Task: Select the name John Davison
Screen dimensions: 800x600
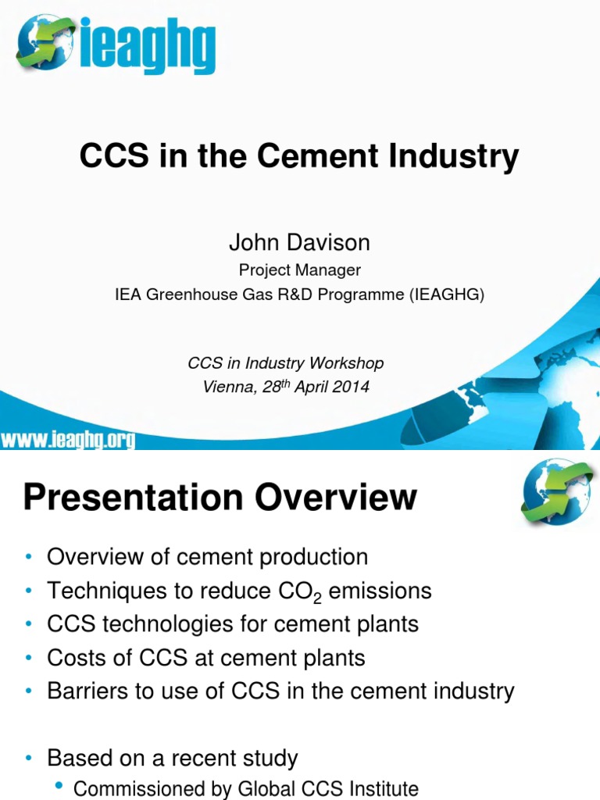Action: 299,243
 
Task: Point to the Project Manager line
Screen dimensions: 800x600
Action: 299,270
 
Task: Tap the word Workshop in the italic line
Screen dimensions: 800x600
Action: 347,362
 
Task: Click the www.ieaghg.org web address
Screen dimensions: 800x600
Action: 68,441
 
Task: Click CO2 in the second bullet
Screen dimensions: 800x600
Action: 303,591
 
